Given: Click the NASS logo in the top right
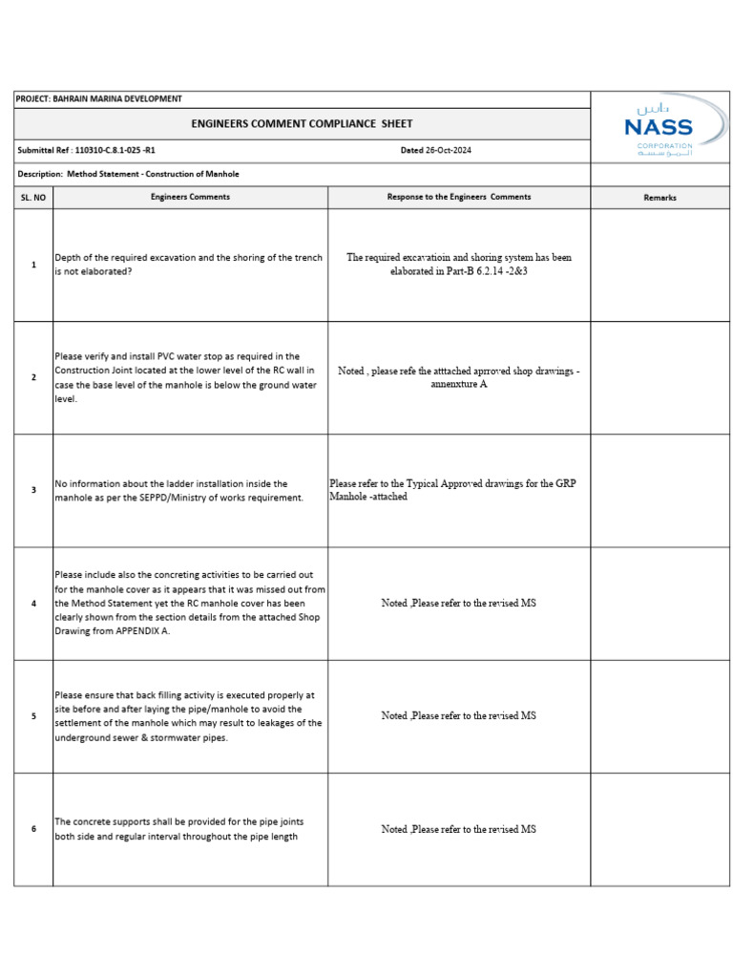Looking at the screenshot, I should tap(659, 127).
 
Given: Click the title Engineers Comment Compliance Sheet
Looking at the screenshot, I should tap(302, 123).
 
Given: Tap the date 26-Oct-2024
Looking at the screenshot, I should tap(435, 150).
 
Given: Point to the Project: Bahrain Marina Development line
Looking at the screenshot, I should tap(99, 98).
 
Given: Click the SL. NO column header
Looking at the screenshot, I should tap(33, 198).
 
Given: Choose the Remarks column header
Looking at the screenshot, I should tap(660, 198).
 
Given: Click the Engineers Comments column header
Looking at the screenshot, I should tap(190, 197).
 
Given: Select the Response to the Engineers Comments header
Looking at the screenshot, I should tap(459, 197).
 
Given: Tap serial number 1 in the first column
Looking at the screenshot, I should tap(33, 265).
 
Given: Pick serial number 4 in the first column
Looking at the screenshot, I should tap(33, 604).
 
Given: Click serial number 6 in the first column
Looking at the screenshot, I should tap(33, 829).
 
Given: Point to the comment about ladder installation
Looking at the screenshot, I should tap(179, 491).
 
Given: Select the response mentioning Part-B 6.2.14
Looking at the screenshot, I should tap(459, 265).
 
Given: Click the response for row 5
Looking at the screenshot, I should tap(459, 715).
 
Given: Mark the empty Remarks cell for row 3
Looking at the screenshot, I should tap(660, 491).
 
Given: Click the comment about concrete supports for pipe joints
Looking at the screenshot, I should tap(179, 829).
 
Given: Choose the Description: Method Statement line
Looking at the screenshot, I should tap(129, 174).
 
